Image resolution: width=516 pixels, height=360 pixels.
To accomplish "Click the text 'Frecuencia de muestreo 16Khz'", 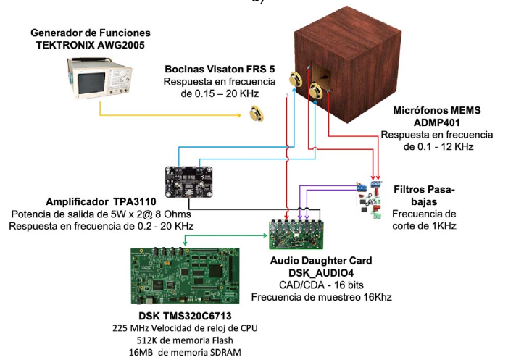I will pyautogui.click(x=322, y=297).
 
